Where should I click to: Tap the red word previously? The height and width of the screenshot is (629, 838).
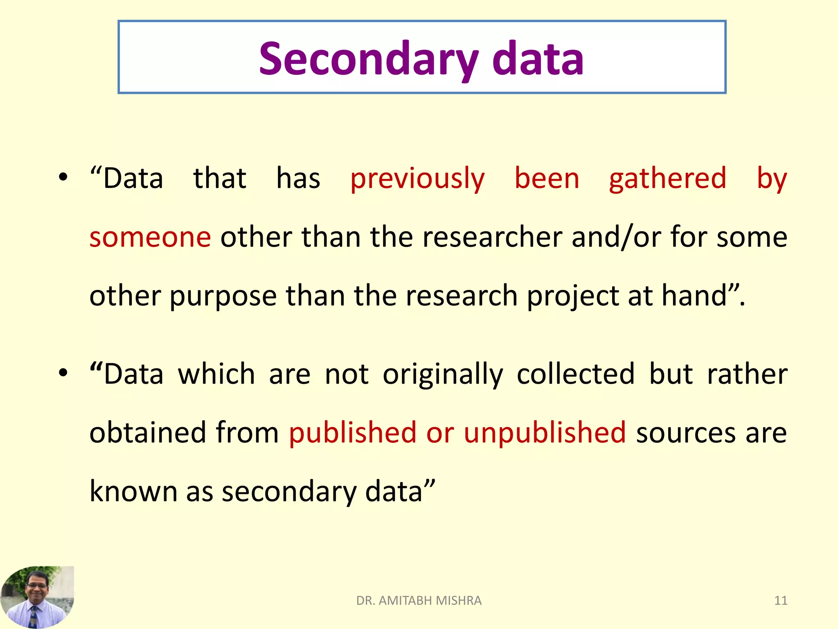[417, 179]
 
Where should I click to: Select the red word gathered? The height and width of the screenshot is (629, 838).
[667, 179]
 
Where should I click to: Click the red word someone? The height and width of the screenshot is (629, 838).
[150, 238]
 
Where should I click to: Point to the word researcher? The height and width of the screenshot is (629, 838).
[492, 238]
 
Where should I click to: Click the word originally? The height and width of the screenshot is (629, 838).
[443, 375]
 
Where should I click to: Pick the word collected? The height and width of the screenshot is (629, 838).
[575, 375]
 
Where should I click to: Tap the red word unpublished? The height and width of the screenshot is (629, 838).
[545, 433]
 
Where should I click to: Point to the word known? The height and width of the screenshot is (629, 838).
[133, 491]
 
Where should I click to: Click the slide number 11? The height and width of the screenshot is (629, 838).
[781, 601]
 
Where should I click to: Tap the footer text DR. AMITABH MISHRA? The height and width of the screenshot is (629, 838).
[419, 601]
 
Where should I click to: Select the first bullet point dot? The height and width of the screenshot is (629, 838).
[63, 178]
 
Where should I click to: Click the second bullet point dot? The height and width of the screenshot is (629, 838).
[63, 373]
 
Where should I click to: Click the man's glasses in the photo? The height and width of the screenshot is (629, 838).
[37, 586]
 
